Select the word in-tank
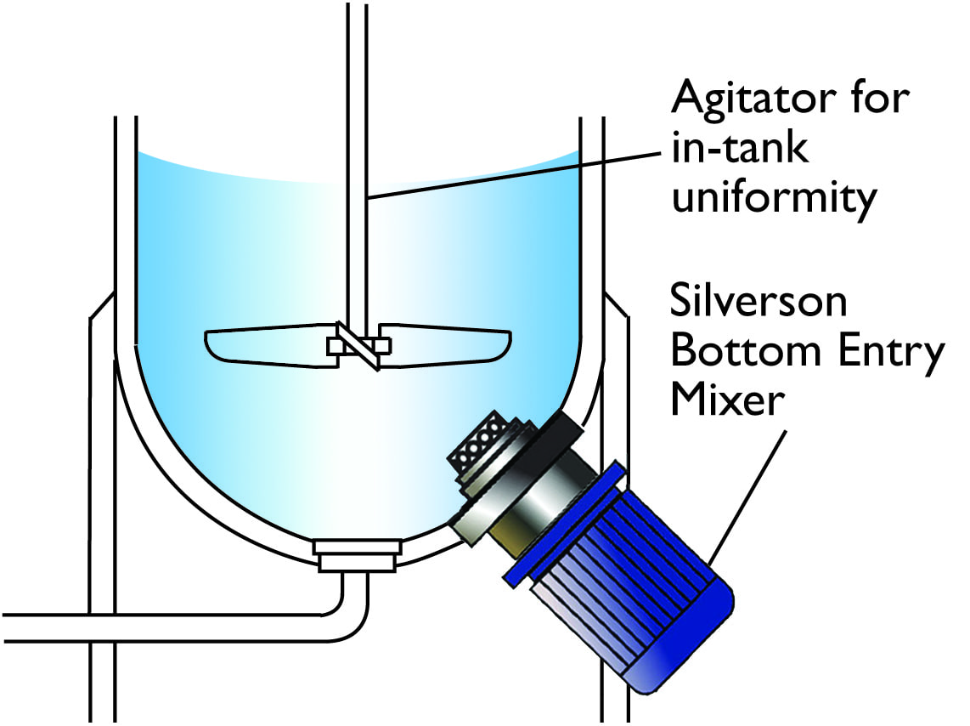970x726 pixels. coord(740,147)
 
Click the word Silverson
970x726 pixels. coord(759,302)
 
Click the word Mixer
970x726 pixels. coord(728,400)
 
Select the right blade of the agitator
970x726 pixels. coord(443,343)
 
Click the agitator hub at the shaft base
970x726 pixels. coord(358,346)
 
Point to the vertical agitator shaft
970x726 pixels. coord(357,167)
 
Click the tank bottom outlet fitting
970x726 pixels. coord(357,555)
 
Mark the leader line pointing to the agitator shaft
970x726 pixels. coord(515,174)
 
